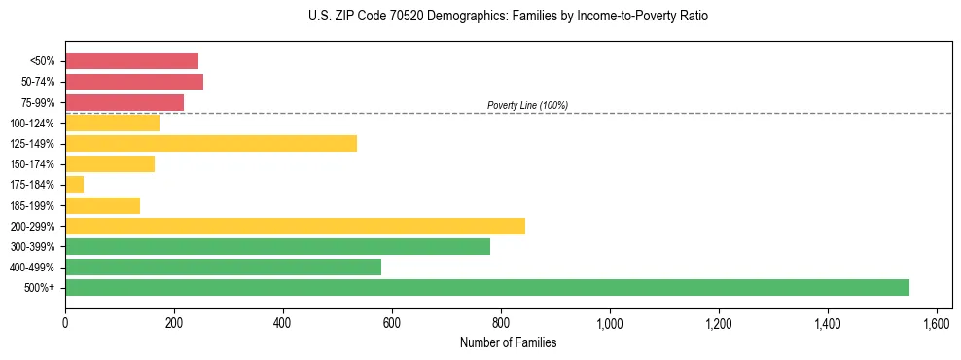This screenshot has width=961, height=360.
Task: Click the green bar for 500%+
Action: tap(486, 287)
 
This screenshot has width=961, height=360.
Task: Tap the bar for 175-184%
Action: tap(74, 184)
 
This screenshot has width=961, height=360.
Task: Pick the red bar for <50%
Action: tap(131, 60)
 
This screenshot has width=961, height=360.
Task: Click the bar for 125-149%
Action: tap(211, 143)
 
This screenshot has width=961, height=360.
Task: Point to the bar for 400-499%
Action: tap(223, 267)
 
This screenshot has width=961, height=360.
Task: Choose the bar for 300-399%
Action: tap(277, 246)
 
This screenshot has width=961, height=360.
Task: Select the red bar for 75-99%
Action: tap(125, 102)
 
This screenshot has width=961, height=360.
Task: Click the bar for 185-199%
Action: tap(102, 205)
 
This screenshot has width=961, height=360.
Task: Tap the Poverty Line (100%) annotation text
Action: tap(527, 105)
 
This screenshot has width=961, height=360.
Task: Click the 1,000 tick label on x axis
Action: tap(610, 322)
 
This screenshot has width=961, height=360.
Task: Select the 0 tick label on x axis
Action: tap(65, 322)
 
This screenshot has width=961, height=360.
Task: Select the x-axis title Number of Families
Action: tap(508, 342)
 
